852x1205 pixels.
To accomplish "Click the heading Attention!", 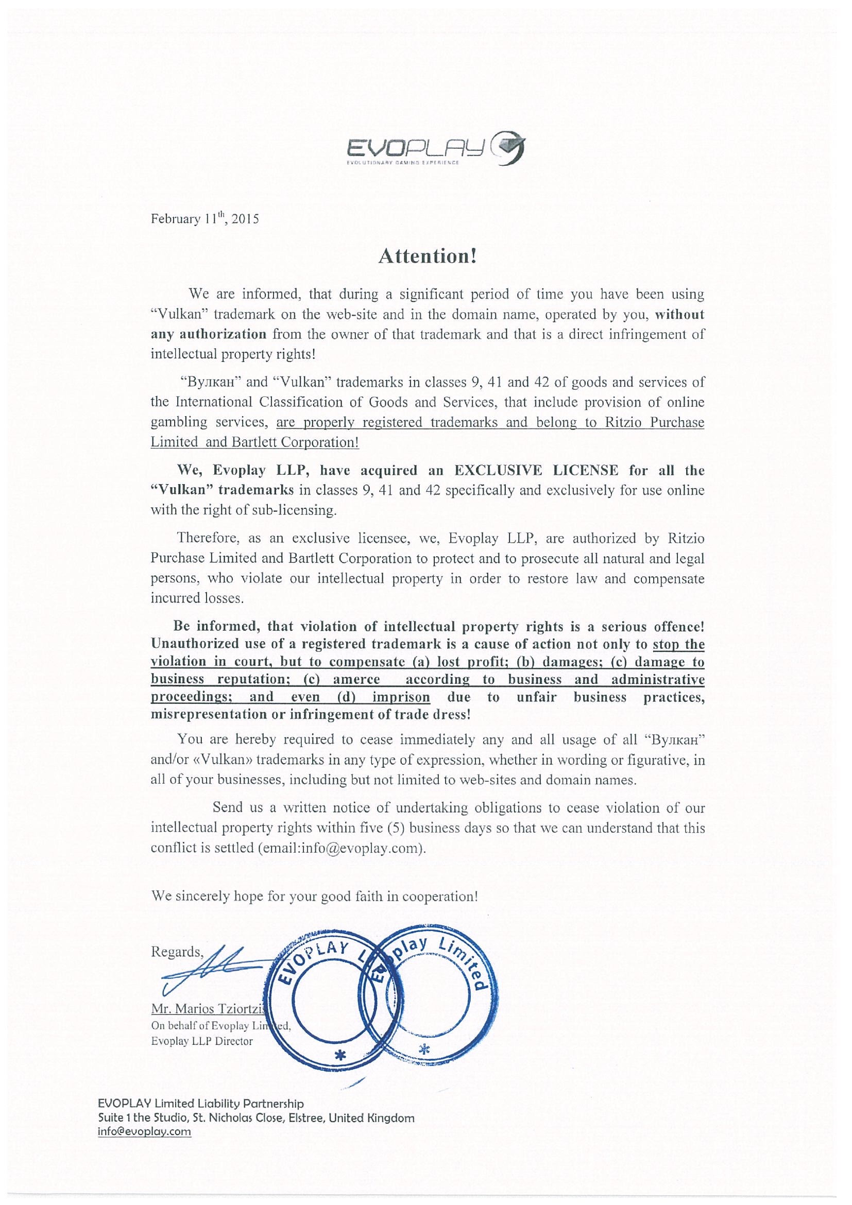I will point(428,256).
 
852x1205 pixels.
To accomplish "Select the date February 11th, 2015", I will point(205,218).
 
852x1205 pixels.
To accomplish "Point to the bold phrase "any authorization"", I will point(209,334).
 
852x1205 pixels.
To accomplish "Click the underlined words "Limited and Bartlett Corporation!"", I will point(254,442).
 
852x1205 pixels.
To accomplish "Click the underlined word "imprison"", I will point(401,697).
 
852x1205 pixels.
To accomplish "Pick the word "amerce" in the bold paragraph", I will point(356,679).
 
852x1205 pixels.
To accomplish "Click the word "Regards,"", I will point(177,952).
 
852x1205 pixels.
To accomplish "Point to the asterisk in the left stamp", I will point(341,1055).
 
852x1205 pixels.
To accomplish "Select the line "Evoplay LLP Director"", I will point(201,1041).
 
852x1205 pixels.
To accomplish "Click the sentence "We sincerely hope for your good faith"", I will point(314,896).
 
